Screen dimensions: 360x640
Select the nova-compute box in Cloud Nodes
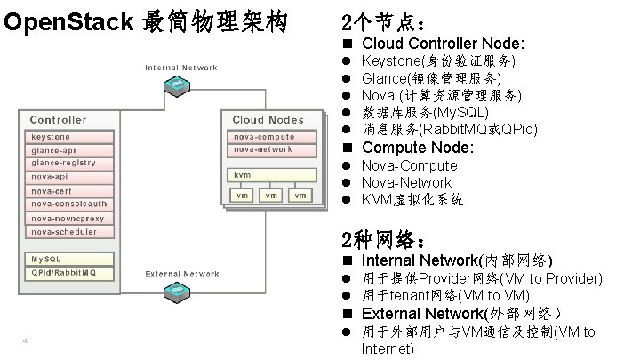pos(271,137)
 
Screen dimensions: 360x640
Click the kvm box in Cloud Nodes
pos(271,175)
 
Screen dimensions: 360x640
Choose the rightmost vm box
pos(301,195)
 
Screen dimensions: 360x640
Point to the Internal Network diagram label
pos(180,68)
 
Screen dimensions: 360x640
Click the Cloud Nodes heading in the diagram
pos(268,119)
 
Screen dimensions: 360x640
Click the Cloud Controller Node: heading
pos(443,43)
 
